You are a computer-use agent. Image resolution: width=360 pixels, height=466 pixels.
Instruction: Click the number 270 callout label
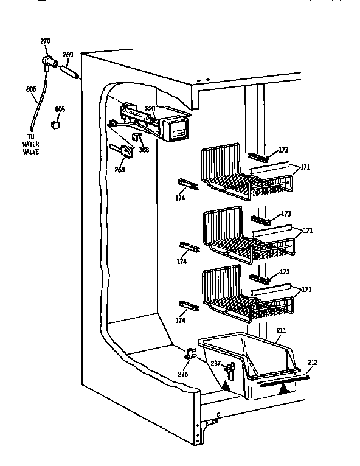click(x=45, y=41)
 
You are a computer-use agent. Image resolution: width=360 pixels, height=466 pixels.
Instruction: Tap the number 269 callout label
click(x=68, y=55)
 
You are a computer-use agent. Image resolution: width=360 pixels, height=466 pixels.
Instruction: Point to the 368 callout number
click(x=144, y=150)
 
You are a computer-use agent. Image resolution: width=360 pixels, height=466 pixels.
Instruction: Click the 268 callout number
click(x=119, y=170)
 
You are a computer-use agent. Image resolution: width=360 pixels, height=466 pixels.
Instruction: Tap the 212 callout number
click(x=313, y=363)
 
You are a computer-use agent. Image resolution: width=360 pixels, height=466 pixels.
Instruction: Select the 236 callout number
click(x=183, y=374)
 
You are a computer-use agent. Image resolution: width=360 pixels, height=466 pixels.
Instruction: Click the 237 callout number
click(x=215, y=364)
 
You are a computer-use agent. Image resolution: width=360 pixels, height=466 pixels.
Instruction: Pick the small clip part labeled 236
click(x=190, y=353)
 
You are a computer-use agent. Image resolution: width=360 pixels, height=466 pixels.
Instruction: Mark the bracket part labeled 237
click(x=230, y=369)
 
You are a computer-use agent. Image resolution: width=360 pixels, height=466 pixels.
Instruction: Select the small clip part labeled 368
click(x=137, y=137)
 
